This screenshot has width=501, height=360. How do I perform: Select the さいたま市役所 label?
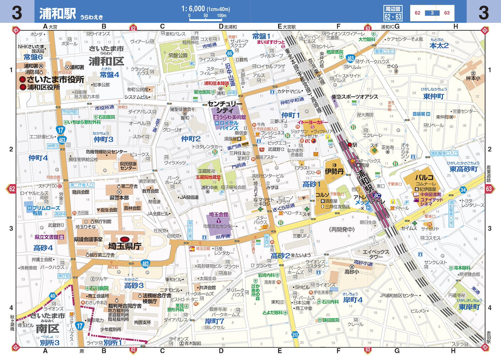point(55,79)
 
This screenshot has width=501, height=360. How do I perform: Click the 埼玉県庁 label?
point(125,246)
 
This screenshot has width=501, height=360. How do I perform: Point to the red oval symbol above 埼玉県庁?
point(125,239)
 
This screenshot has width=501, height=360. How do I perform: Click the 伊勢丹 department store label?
point(334,171)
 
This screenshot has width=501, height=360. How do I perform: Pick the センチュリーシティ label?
point(225,107)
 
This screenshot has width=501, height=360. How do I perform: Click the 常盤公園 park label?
point(178,55)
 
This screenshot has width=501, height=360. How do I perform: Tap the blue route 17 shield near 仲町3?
point(60,130)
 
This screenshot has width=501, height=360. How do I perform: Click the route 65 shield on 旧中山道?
point(230,54)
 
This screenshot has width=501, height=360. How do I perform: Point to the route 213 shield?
point(295,335)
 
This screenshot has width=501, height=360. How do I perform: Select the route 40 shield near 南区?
point(53,296)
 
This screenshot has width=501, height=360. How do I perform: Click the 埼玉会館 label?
point(218,215)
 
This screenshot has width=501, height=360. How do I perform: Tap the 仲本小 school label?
point(473,78)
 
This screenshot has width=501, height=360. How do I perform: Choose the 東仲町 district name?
point(434,96)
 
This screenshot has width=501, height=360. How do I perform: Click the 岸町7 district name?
point(215,321)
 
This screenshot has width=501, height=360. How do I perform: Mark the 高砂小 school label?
point(352,272)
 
